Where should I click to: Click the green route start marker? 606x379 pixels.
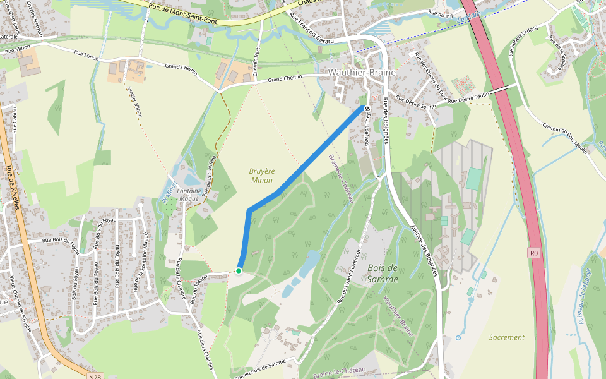click(x=239, y=271)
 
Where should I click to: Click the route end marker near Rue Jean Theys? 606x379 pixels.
click(x=367, y=109)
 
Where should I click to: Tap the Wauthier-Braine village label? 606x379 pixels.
click(x=362, y=73)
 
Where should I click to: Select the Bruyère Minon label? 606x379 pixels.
click(x=261, y=175)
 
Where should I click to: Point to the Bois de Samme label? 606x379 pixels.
click(x=383, y=274)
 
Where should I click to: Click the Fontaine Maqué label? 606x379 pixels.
click(x=188, y=194)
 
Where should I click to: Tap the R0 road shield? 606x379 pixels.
click(x=534, y=253)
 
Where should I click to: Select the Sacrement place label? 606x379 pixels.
click(x=506, y=337)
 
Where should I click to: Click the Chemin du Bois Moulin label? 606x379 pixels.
click(x=565, y=140)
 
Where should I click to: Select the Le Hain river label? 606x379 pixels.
click(x=465, y=21)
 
